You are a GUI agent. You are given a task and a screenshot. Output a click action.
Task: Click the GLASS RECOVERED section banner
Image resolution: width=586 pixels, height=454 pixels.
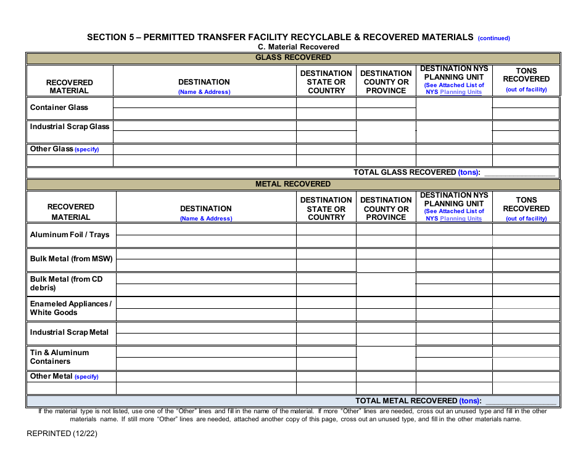coord(293,57)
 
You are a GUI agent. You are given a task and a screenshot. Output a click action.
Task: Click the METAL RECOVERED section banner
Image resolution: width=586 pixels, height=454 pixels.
coord(293,184)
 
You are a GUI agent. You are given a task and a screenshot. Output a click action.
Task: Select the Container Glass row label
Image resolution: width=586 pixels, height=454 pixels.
coord(59,107)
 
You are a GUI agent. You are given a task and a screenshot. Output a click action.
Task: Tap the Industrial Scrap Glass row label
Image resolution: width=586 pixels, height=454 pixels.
coord(70,127)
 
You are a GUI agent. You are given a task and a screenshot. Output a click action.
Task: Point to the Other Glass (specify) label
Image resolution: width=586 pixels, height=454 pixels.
coord(64,149)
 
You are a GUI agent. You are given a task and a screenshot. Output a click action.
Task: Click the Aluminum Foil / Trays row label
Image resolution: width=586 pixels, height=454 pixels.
coord(70,235)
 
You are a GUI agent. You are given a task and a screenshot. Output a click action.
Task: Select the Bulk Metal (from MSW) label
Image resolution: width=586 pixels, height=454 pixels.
coord(71,259)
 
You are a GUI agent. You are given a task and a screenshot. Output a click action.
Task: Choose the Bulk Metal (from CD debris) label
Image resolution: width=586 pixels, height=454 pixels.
coord(66,284)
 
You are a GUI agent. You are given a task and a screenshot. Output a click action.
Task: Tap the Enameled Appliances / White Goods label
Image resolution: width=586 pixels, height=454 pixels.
coord(70,308)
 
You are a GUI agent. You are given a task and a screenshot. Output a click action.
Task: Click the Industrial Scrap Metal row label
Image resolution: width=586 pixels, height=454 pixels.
coord(69,332)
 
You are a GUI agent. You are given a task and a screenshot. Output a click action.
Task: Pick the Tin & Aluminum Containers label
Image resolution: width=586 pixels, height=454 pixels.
coord(59,357)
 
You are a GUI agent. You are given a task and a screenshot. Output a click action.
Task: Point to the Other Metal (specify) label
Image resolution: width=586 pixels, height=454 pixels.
coord(64,376)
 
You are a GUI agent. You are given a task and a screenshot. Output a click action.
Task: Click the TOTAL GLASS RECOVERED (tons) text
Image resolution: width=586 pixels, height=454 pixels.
coord(416,172)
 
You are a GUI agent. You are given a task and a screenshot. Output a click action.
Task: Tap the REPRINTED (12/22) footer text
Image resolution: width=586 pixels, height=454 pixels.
coord(62,433)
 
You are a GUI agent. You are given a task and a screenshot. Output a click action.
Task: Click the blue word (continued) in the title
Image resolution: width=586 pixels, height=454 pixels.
coord(493,38)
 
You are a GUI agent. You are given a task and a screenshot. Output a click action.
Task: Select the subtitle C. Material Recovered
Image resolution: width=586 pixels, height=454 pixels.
coord(299,47)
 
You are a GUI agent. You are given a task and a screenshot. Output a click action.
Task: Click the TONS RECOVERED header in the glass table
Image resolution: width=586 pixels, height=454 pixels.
coord(526,75)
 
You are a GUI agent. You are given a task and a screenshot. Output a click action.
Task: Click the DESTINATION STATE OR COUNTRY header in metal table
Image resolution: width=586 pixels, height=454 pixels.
coord(326,209)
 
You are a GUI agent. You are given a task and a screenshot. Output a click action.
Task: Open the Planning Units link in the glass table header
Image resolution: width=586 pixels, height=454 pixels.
coord(461,92)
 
